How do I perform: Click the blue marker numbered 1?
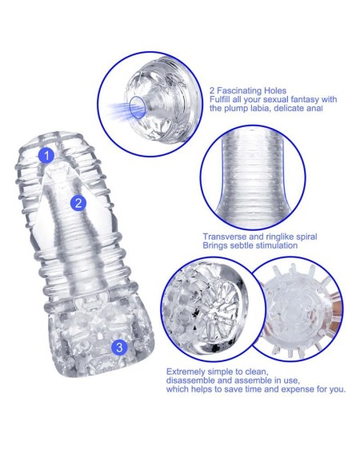[x=46, y=155]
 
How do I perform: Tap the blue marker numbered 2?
[x=78, y=203]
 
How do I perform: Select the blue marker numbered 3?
[x=119, y=347]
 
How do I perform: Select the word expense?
[x=296, y=389]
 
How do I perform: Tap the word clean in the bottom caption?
[x=257, y=372]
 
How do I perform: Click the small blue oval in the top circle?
[x=137, y=107]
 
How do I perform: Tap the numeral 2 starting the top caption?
[x=212, y=91]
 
